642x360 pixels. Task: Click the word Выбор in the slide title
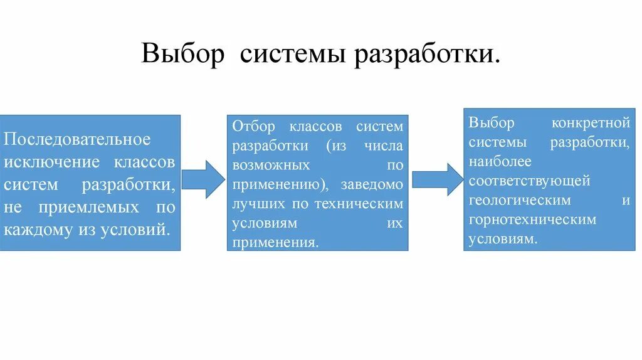pyautogui.click(x=182, y=53)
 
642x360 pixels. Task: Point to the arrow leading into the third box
pyautogui.click(x=437, y=179)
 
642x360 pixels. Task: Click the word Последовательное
pyautogui.click(x=78, y=139)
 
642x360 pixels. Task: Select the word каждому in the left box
pyautogui.click(x=39, y=229)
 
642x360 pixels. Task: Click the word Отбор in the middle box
pyautogui.click(x=254, y=127)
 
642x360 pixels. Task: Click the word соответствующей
pyautogui.click(x=529, y=181)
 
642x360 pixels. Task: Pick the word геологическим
pyautogui.click(x=519, y=201)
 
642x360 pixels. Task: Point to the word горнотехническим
pyautogui.click(x=532, y=220)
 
